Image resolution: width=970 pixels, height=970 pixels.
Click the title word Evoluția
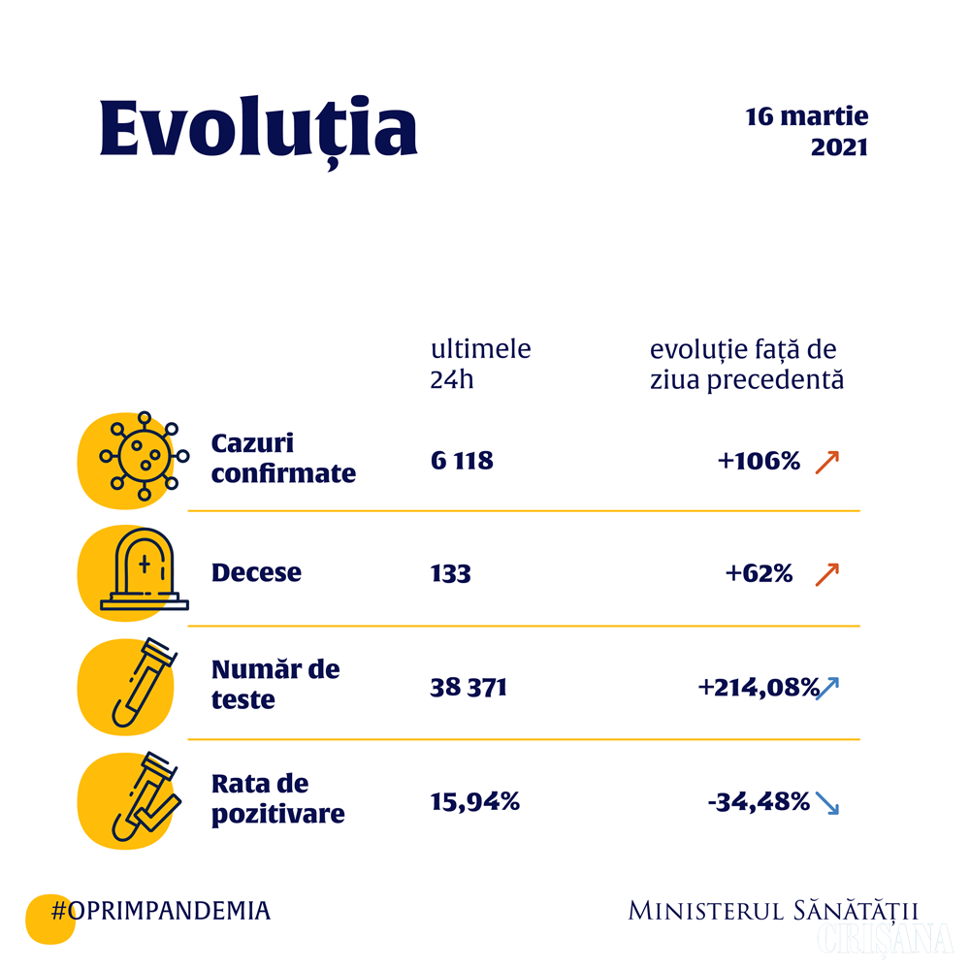(x=258, y=129)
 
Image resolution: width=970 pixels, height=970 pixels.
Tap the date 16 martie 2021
(x=807, y=132)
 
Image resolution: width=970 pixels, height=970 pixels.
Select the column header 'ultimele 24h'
(x=481, y=364)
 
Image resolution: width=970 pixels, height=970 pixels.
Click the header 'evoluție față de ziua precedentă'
(x=746, y=364)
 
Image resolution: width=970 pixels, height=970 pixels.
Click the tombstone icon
(x=145, y=573)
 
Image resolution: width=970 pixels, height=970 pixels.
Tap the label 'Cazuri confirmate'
(x=283, y=459)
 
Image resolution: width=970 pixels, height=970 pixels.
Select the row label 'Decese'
(x=256, y=572)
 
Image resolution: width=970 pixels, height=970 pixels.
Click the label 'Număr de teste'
(x=275, y=684)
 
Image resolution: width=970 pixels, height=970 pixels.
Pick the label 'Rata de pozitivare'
(x=277, y=798)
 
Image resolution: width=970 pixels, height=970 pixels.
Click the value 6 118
(x=462, y=460)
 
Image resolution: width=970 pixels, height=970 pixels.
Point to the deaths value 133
(x=450, y=573)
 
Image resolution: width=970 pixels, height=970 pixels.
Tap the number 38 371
(x=469, y=688)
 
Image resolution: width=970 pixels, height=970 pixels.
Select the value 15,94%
(x=475, y=802)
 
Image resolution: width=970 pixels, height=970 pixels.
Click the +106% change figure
(x=759, y=461)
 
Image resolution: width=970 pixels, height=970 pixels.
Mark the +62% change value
(x=759, y=574)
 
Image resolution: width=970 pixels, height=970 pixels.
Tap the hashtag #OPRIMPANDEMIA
(x=160, y=910)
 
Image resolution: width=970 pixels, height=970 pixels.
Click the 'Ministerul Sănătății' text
(x=772, y=911)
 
